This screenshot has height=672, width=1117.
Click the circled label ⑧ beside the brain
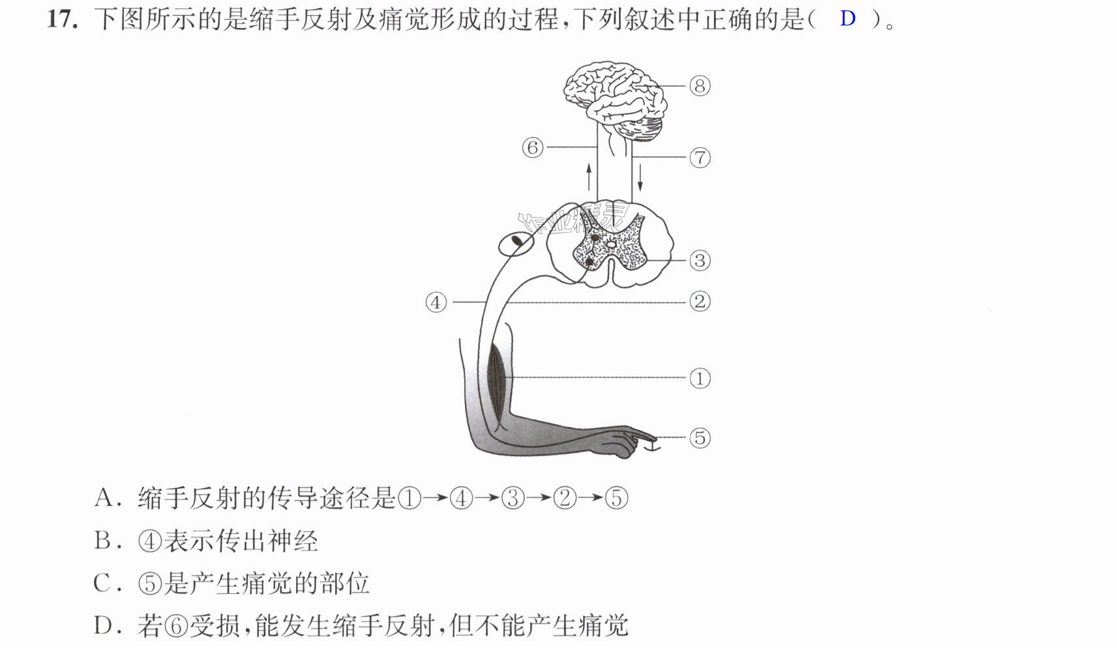[700, 86]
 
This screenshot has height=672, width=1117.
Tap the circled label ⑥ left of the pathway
[532, 147]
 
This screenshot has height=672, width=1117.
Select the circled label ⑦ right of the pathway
[700, 158]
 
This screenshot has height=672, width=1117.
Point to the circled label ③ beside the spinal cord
[700, 261]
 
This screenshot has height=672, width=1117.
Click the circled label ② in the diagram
[700, 302]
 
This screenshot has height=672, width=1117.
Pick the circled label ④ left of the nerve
[436, 302]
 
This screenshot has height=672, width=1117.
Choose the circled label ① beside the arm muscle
[700, 379]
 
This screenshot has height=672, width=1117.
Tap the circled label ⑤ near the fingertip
[700, 438]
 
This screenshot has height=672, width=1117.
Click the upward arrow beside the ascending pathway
[589, 177]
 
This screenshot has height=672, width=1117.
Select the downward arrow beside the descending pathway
[640, 178]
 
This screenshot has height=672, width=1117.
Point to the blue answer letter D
[848, 18]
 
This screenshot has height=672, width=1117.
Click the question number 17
[63, 20]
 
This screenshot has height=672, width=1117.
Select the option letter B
[103, 541]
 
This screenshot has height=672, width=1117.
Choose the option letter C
[102, 583]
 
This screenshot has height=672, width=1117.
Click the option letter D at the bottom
[103, 626]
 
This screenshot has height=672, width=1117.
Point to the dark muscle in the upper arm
[497, 385]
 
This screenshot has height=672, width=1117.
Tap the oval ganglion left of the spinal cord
[516, 244]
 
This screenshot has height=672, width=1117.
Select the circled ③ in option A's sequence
[513, 499]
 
